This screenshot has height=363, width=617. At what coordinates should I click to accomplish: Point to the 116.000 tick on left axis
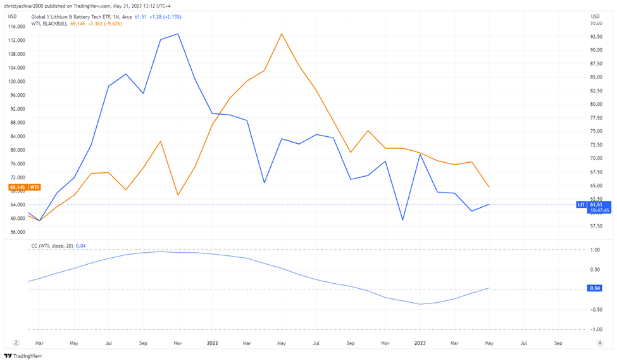pyautogui.click(x=16, y=26)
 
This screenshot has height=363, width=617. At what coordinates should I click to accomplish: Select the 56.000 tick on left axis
pyautogui.click(x=16, y=232)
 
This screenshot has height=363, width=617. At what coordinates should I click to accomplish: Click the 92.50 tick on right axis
pyautogui.click(x=595, y=36)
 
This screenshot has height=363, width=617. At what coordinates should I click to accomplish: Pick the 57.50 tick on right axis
pyautogui.click(x=595, y=226)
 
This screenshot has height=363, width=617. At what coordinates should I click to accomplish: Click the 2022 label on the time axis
pyautogui.click(x=213, y=343)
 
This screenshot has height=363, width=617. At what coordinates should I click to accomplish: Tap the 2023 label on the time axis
pyautogui.click(x=420, y=343)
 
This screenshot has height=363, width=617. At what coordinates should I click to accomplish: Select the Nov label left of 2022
pyautogui.click(x=178, y=343)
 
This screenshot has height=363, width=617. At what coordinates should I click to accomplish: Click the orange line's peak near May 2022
pyautogui.click(x=282, y=34)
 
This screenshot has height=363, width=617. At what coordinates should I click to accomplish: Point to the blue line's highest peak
pyautogui.click(x=178, y=34)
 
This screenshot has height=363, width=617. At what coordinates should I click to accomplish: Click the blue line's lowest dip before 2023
pyautogui.click(x=402, y=220)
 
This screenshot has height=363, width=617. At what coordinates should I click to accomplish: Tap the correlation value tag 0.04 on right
pyautogui.click(x=594, y=288)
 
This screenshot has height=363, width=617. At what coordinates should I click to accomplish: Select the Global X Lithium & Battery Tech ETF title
pyautogui.click(x=76, y=16)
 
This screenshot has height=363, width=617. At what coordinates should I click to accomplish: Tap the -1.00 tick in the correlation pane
pyautogui.click(x=594, y=329)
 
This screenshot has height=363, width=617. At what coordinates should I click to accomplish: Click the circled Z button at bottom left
pyautogui.click(x=16, y=343)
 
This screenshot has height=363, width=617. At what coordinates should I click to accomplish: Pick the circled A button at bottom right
pyautogui.click(x=599, y=343)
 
